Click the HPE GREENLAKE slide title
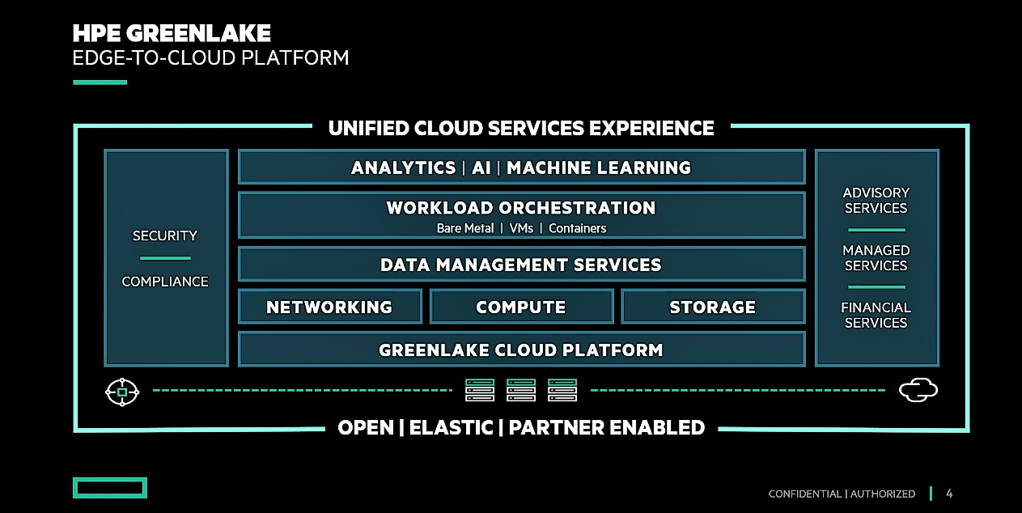172,33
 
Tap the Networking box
329,307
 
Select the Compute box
521,307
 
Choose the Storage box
713,307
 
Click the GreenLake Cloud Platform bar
521,350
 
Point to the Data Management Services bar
521,265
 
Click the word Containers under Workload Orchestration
577,228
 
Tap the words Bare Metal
465,228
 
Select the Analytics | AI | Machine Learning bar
521,167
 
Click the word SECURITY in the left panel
165,235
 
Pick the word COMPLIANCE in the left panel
165,282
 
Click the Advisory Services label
876,200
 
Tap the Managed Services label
876,258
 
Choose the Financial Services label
876,315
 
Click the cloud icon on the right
918,391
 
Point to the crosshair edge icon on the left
122,392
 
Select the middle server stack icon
521,391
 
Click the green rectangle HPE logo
109,487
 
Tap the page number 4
949,494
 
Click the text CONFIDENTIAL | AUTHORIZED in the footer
842,494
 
